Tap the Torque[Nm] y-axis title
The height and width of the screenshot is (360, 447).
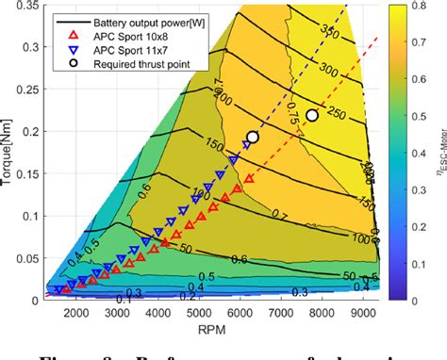[8, 153]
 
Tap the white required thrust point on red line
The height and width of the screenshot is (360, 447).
[312, 115]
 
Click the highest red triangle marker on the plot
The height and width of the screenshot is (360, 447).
[249, 178]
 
